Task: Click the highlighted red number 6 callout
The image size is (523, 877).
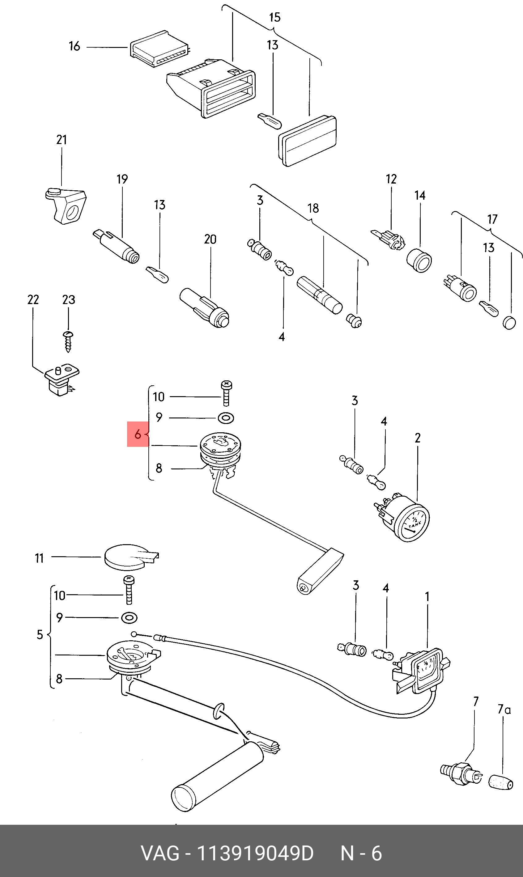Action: pos(138,434)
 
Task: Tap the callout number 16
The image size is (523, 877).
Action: pos(74,46)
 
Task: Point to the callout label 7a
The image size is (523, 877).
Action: pos(504,709)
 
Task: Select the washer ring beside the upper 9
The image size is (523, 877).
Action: pos(226,418)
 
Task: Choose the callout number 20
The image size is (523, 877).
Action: pos(210,239)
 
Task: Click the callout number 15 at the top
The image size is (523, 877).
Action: pos(274,17)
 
